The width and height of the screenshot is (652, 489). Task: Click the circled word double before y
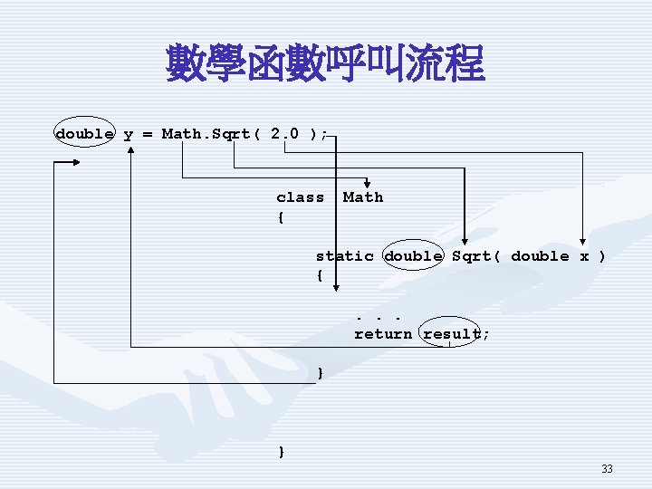coord(84,134)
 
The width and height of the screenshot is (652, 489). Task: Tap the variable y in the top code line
coord(128,134)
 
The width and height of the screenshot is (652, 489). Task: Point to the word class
coord(300,197)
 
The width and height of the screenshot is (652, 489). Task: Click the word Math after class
coord(363,197)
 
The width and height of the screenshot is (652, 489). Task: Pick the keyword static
coord(344,256)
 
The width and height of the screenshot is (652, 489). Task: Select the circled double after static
coord(413,256)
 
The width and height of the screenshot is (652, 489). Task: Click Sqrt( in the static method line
coord(476,256)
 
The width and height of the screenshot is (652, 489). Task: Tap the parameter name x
coord(584,256)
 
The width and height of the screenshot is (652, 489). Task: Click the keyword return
coord(383,334)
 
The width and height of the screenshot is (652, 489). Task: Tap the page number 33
coord(607,469)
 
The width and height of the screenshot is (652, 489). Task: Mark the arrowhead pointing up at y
coord(131,149)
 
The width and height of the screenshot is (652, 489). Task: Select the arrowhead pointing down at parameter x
coord(584,242)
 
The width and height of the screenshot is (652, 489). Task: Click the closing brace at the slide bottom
coord(283,451)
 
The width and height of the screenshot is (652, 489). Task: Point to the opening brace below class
coord(281,217)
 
